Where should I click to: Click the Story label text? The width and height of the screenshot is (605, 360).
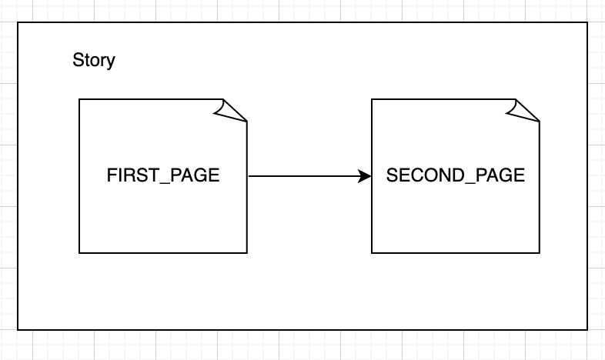coord(94,61)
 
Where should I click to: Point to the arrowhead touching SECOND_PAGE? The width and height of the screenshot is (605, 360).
coord(365,176)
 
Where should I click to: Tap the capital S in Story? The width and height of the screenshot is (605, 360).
coord(78,60)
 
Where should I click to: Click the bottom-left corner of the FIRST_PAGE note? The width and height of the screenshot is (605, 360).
coord(79,253)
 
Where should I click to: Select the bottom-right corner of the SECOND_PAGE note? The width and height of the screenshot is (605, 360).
coord(540,253)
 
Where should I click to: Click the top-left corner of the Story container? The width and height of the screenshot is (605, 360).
coord(18,22)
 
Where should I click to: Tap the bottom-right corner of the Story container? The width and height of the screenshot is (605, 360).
coord(587,330)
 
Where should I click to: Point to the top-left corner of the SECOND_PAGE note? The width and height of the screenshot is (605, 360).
coord(372,99)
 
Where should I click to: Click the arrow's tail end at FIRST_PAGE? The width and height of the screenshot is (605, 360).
coord(249,176)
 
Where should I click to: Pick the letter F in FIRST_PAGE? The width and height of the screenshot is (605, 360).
coord(111,175)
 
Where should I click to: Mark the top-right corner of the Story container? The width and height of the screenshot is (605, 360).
coord(587,22)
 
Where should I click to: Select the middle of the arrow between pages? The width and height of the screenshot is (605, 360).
coord(310,176)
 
